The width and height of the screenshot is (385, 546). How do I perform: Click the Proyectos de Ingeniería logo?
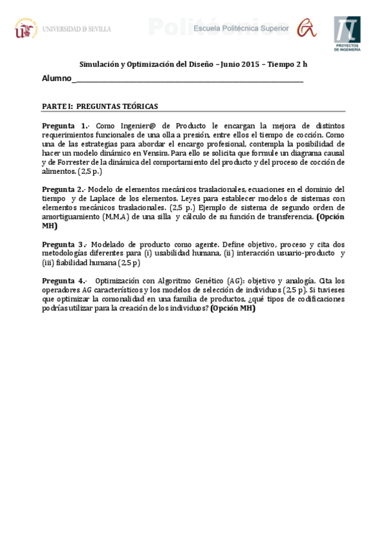pos(347,33)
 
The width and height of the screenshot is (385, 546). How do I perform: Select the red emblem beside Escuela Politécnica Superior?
pos(306,28)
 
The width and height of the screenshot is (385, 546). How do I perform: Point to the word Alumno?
pos(57,79)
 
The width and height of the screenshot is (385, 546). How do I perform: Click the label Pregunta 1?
pos(66,126)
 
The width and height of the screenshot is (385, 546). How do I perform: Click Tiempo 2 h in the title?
pos(290,64)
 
